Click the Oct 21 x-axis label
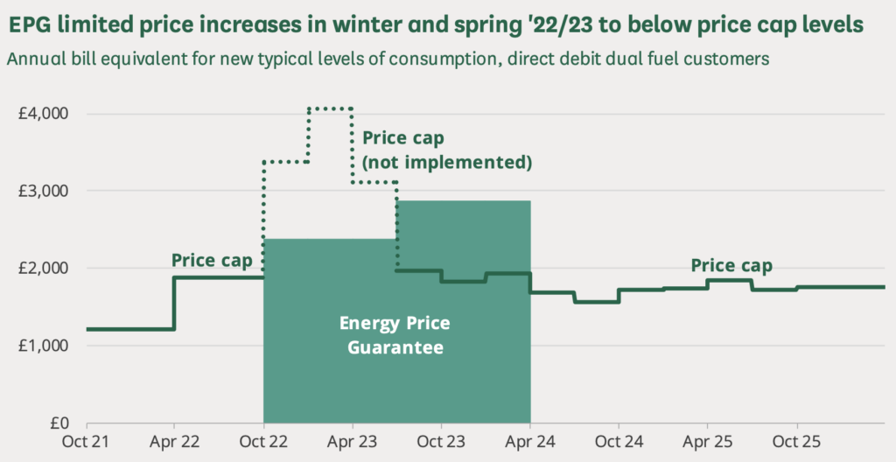(86, 442)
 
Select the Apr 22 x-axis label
(174, 442)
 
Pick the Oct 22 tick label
(263, 442)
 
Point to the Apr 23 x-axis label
(352, 442)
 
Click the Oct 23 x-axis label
(441, 442)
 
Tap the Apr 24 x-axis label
(530, 442)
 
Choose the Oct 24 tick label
(619, 442)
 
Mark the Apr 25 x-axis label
(707, 442)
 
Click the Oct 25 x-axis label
(796, 442)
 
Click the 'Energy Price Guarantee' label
(395, 335)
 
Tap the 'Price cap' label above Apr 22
(211, 260)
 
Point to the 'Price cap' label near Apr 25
(731, 264)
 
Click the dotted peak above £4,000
(330, 108)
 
